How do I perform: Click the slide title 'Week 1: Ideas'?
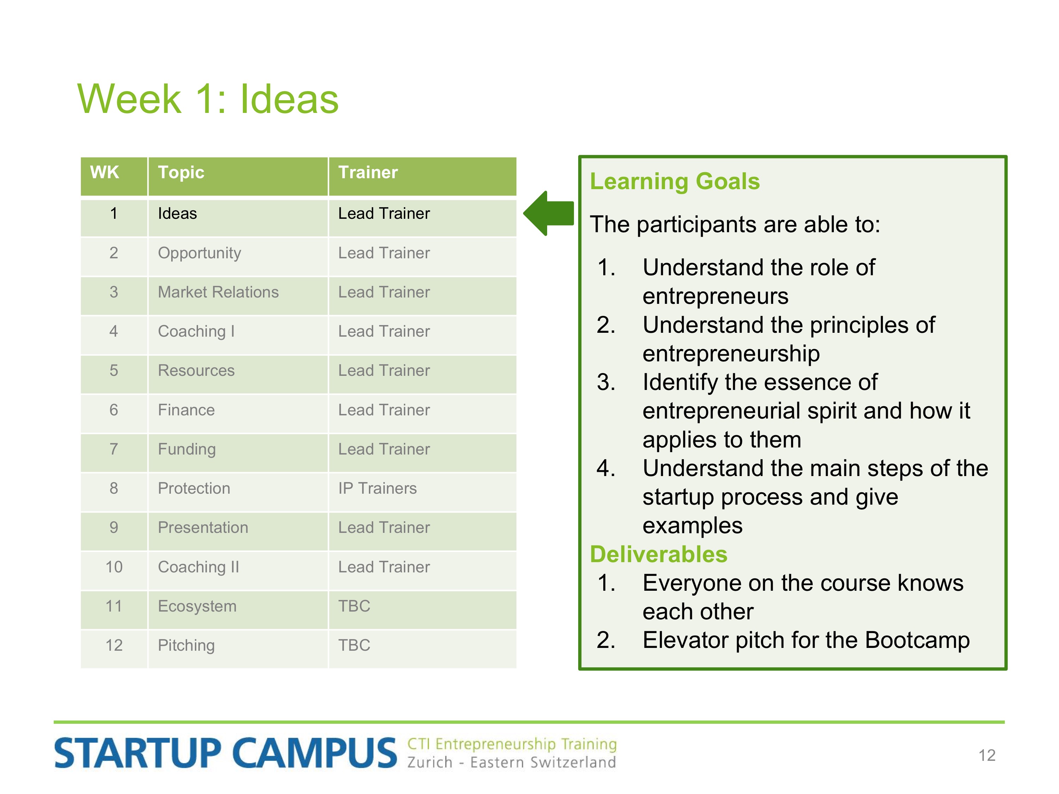click(x=208, y=99)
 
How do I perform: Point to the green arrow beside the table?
click(x=549, y=213)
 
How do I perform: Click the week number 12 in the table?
click(x=114, y=645)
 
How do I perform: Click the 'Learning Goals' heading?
click(x=675, y=182)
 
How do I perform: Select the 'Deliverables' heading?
click(x=658, y=554)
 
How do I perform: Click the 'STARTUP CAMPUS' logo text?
click(x=226, y=753)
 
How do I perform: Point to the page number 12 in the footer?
click(x=987, y=755)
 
